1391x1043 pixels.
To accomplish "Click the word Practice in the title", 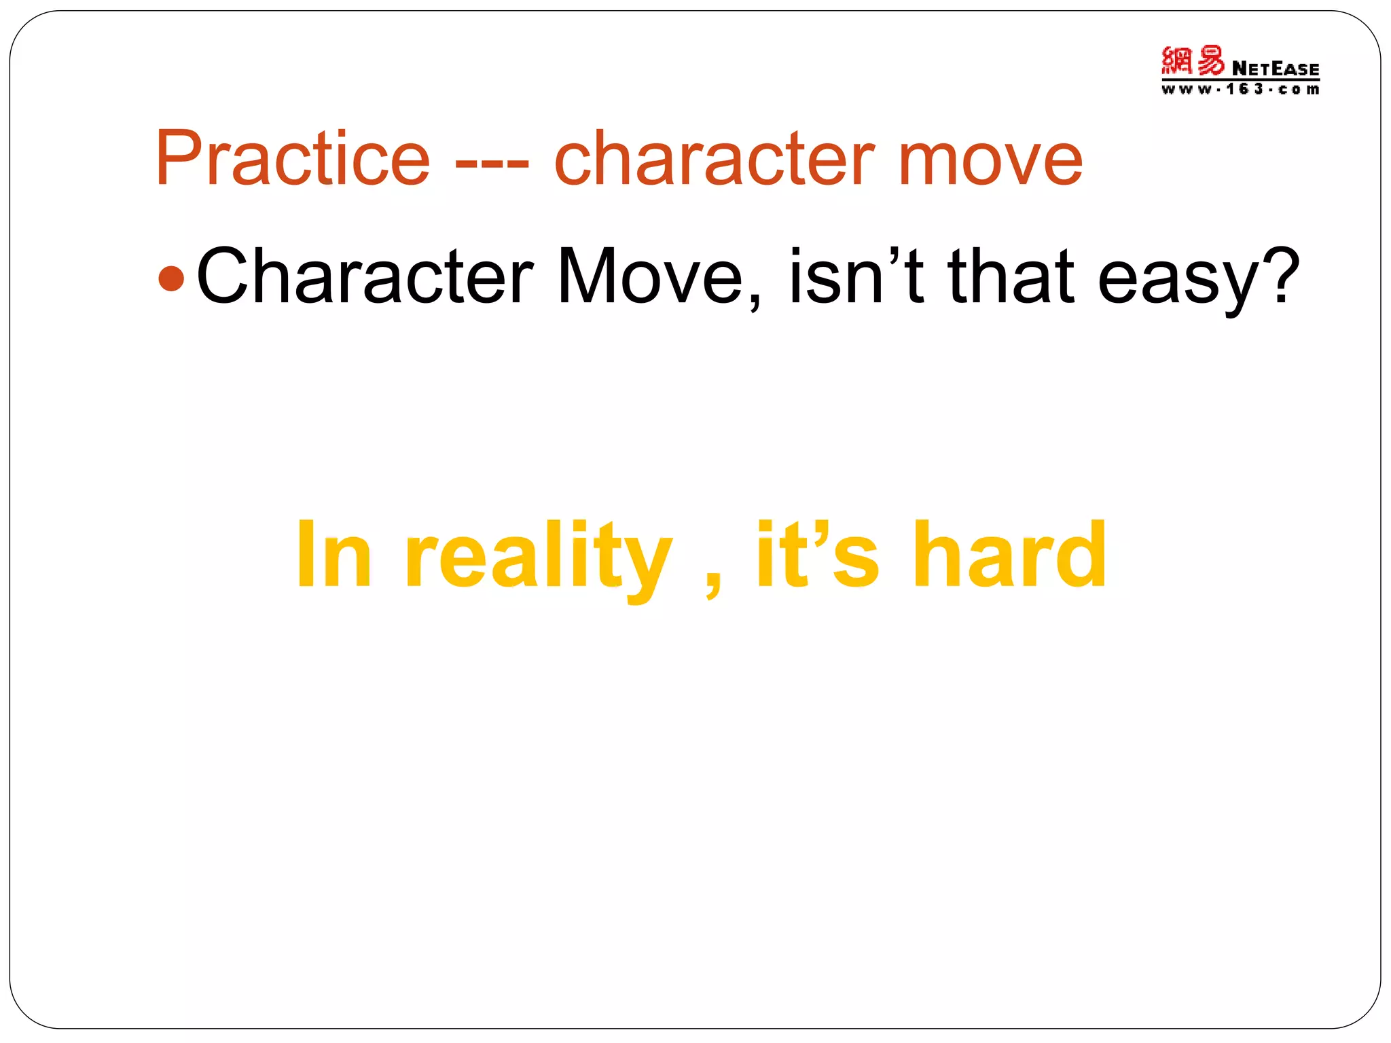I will [293, 159].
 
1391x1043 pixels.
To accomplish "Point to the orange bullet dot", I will [170, 278].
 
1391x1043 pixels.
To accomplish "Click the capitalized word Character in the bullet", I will [365, 277].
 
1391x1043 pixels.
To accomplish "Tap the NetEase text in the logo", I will [1275, 69].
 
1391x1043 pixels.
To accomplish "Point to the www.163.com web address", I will [1240, 90].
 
